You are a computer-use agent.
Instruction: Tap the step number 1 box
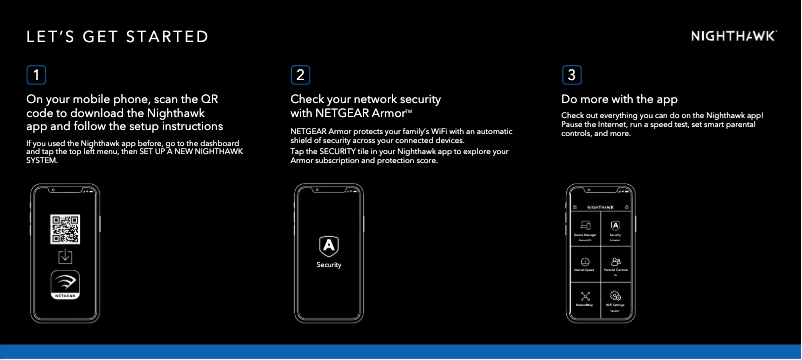(36, 75)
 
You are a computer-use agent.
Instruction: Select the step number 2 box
(301, 75)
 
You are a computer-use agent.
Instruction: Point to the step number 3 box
(571, 75)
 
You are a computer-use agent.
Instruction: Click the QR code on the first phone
(65, 229)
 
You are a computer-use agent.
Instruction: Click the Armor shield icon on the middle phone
(328, 245)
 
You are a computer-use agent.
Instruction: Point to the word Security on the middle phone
(329, 265)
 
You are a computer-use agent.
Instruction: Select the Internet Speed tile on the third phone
(585, 264)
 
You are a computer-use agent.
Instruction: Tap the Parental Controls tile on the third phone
(615, 264)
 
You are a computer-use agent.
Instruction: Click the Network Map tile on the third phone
(585, 299)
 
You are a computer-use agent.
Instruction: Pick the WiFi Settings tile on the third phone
(615, 299)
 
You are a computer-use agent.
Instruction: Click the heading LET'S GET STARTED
(117, 38)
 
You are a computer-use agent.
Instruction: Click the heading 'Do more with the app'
(619, 100)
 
